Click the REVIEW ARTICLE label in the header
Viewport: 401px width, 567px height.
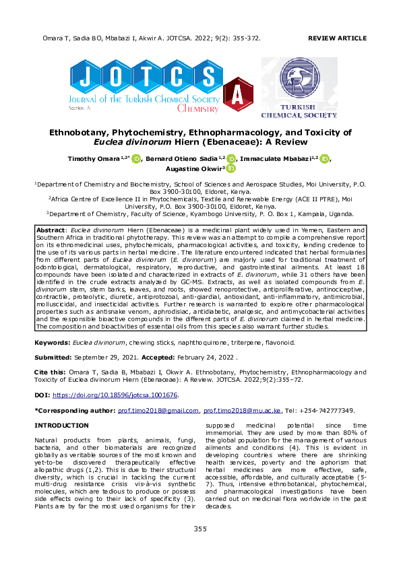[x=337, y=39]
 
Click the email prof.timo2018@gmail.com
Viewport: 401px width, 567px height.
[x=164, y=410]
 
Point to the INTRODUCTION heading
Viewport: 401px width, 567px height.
[x=61, y=426]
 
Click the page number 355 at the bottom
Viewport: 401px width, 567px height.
[x=200, y=529]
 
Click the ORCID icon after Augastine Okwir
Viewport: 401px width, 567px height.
[x=230, y=170]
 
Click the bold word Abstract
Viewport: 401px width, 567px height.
[x=52, y=231]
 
